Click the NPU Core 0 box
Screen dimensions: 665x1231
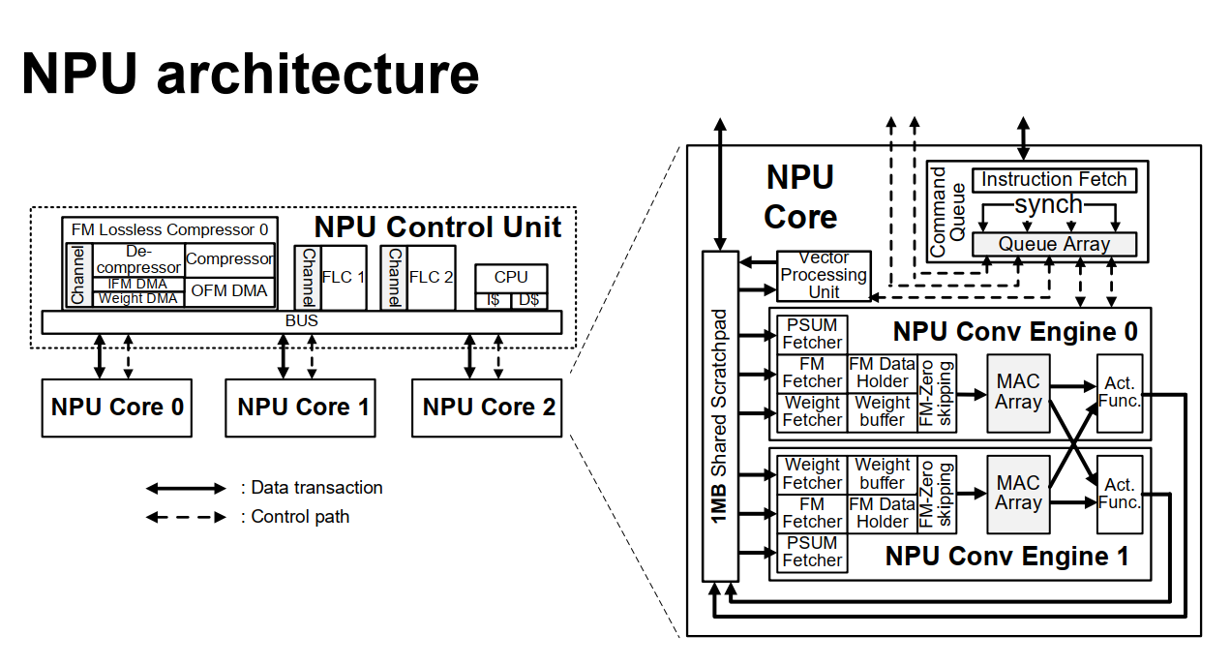tap(117, 408)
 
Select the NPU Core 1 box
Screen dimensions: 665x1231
tap(303, 408)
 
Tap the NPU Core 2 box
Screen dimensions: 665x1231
tap(489, 408)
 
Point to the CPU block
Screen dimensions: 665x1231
tap(511, 277)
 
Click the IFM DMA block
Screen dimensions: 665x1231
tap(137, 284)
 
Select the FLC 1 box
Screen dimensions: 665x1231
tap(344, 277)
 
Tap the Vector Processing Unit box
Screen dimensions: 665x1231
tap(824, 275)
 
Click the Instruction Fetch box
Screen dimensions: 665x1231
tap(1054, 180)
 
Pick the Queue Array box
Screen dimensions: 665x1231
tap(1054, 244)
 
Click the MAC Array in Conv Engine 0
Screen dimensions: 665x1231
tap(1018, 393)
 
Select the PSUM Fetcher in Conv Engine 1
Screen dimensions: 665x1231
tap(812, 552)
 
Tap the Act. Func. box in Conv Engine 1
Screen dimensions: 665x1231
tap(1120, 494)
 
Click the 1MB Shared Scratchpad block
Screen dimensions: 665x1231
tap(719, 416)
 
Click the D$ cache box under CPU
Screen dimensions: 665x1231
tap(528, 300)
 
